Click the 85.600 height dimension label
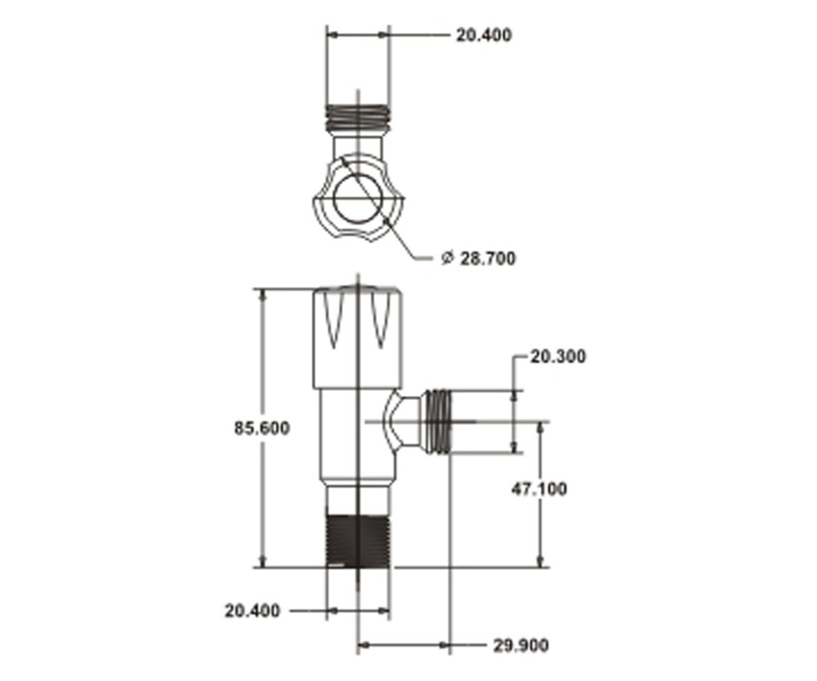(261, 428)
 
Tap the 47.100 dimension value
(539, 489)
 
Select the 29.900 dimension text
(521, 645)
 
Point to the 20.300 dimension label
(558, 357)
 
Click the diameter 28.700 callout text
(478, 258)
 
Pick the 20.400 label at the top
(484, 36)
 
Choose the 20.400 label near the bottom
(252, 610)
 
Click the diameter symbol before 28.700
(447, 257)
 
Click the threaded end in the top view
(357, 117)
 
